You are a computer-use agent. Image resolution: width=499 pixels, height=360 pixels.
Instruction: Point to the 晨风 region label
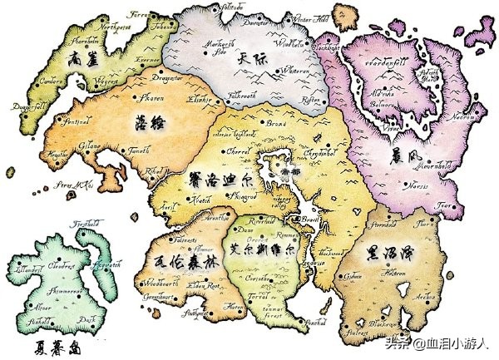400,155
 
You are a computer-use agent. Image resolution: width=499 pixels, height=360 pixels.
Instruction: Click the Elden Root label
203,287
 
